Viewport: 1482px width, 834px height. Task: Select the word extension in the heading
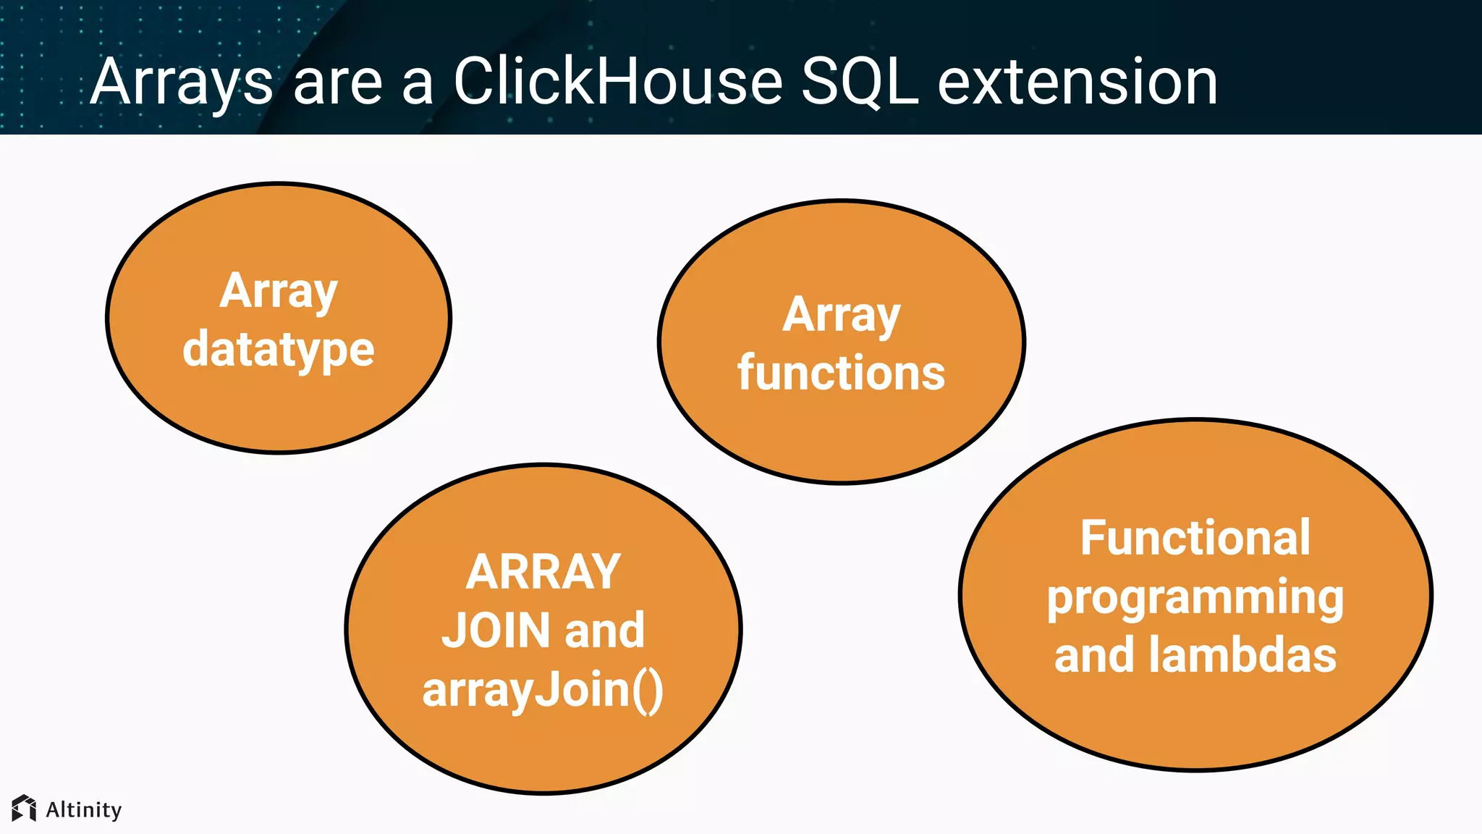point(1077,81)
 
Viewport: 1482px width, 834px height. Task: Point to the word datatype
point(279,350)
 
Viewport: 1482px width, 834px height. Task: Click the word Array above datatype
point(279,292)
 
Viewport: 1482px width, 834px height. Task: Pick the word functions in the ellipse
point(841,373)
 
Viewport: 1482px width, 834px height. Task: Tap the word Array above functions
point(841,316)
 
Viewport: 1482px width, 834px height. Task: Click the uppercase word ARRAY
point(543,572)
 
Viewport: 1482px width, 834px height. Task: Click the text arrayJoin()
point(543,689)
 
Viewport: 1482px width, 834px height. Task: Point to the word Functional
point(1195,538)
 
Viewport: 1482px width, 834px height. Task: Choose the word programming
point(1195,599)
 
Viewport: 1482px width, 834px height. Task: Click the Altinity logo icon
point(24,809)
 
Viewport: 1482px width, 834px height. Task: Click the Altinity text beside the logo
point(83,809)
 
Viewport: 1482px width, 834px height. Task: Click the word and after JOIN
point(604,630)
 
